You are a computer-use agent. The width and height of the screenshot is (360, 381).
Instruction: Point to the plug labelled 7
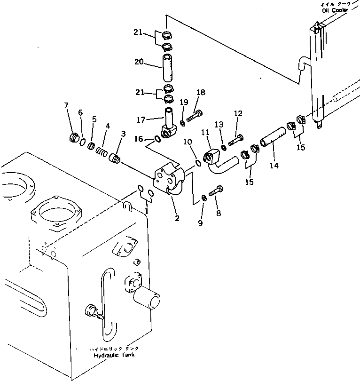coord(74,138)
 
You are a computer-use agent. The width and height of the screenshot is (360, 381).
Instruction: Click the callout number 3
coord(123,134)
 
